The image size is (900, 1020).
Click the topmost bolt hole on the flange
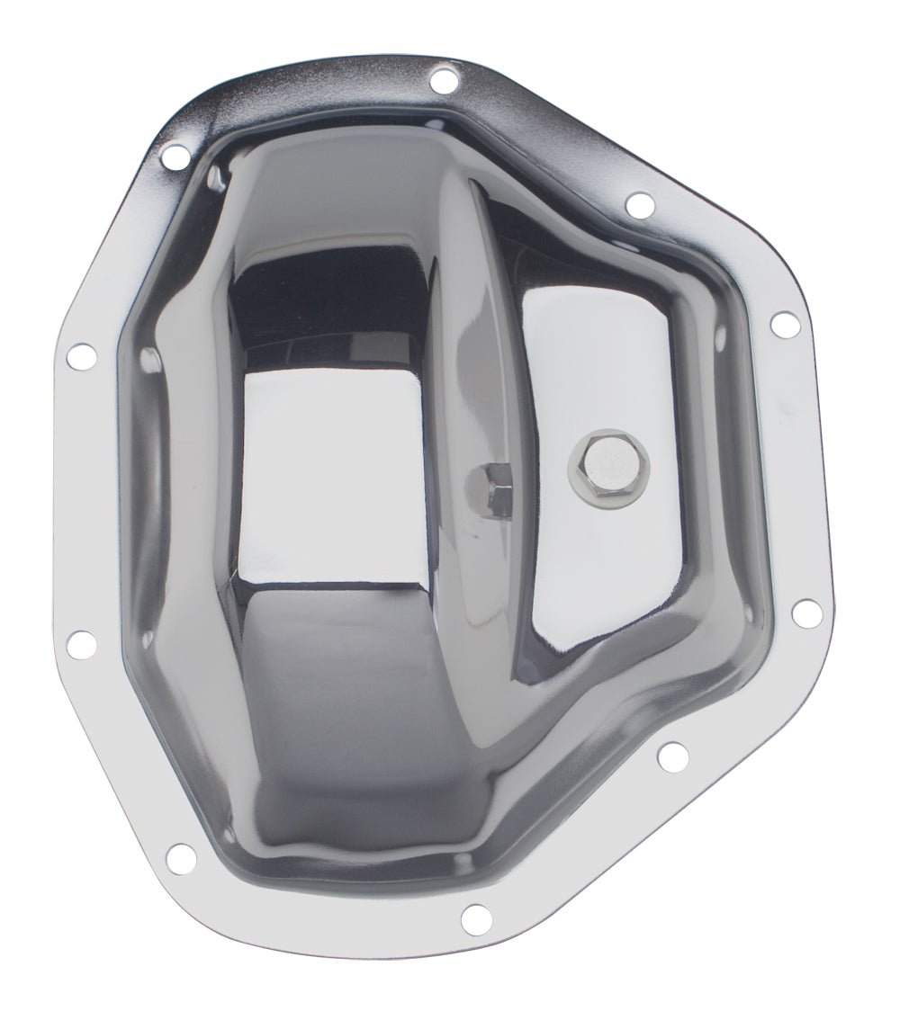[x=443, y=81]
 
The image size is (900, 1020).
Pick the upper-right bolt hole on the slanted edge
[x=640, y=205]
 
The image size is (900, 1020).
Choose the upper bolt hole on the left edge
[x=81, y=357]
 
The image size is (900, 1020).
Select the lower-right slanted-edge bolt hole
[x=671, y=756]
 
